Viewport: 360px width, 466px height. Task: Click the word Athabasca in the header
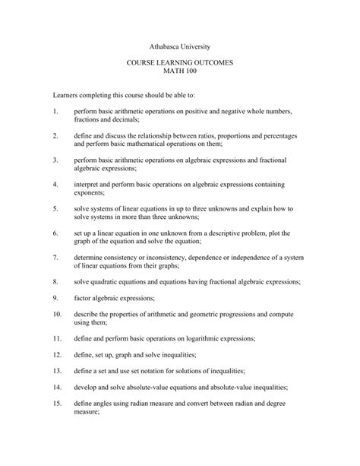coord(159,46)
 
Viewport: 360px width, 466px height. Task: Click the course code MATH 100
coord(180,78)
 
